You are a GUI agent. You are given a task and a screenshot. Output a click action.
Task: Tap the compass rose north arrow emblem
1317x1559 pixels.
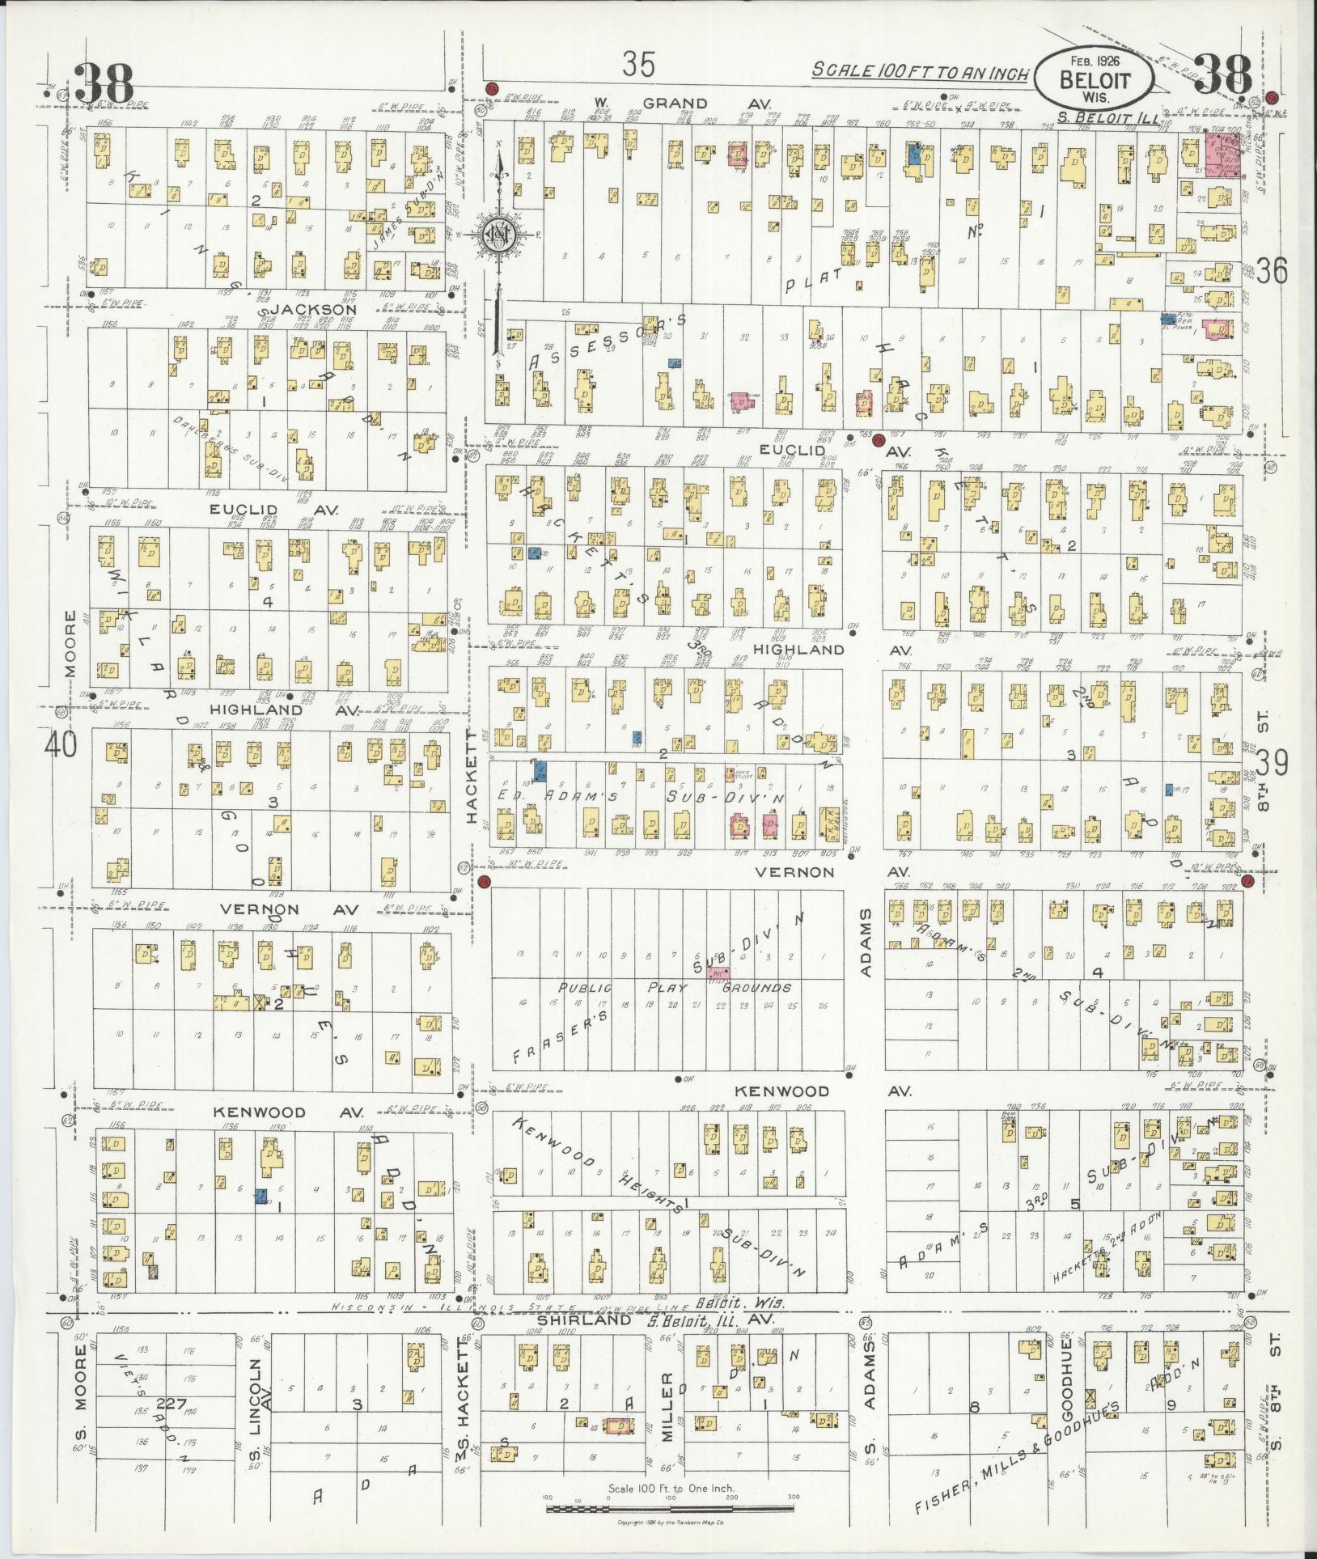tap(495, 233)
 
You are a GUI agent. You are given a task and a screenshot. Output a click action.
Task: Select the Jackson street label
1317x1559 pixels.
tap(313, 309)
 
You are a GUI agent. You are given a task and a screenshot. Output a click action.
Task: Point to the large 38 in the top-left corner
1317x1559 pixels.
tap(104, 83)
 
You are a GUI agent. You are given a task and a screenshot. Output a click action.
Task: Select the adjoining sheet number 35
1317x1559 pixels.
tap(638, 64)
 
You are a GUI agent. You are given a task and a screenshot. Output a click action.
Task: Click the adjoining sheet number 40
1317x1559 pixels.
tap(61, 744)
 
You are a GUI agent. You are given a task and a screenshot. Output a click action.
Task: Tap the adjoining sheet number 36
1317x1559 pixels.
tap(1271, 271)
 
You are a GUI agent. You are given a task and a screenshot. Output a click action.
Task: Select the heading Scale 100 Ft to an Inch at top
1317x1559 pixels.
tap(921, 71)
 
